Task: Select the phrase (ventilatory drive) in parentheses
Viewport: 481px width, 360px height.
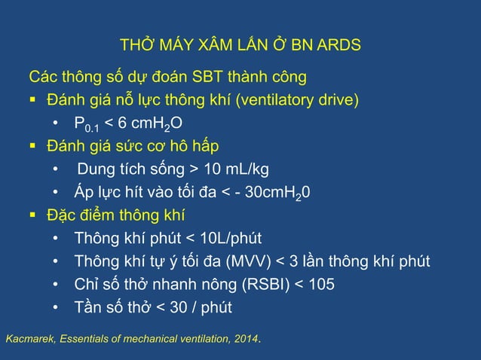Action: pos(295,99)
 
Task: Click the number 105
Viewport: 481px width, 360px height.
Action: pos(320,285)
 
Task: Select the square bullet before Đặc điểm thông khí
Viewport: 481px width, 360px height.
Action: pos(32,216)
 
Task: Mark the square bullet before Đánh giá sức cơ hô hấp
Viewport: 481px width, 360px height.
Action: pos(32,145)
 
